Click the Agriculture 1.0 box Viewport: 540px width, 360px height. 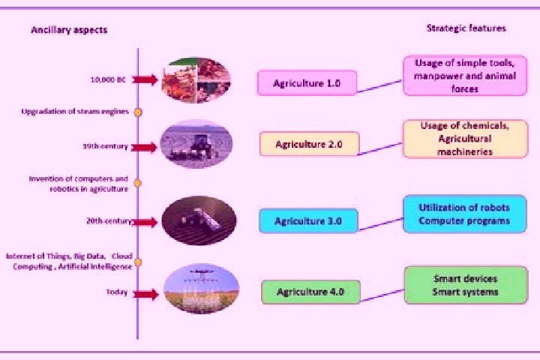[x=307, y=83]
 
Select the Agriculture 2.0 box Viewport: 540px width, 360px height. [x=309, y=144]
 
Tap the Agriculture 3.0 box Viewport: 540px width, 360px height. [x=308, y=220]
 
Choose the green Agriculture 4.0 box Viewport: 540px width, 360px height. [x=310, y=292]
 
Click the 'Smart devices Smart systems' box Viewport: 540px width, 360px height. [x=466, y=285]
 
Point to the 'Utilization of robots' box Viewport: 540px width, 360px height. [x=464, y=214]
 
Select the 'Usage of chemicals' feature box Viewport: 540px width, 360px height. [x=465, y=139]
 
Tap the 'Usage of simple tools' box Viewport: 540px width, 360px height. [x=465, y=76]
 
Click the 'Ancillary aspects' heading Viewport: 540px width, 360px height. [x=69, y=30]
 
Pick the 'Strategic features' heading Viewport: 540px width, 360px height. [x=466, y=28]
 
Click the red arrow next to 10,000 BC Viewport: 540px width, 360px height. [x=145, y=80]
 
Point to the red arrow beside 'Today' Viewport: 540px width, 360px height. [x=145, y=294]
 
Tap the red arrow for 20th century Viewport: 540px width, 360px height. [x=145, y=223]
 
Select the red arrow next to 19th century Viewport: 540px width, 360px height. [x=144, y=148]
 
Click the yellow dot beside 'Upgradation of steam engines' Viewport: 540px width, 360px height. [x=138, y=112]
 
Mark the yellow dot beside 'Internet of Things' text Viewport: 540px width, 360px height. [x=138, y=262]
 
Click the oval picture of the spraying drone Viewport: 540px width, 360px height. [x=202, y=289]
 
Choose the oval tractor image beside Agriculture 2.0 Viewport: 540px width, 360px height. [x=196, y=144]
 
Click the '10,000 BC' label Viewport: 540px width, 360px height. [x=108, y=80]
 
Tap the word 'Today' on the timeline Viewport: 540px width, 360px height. [x=117, y=292]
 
